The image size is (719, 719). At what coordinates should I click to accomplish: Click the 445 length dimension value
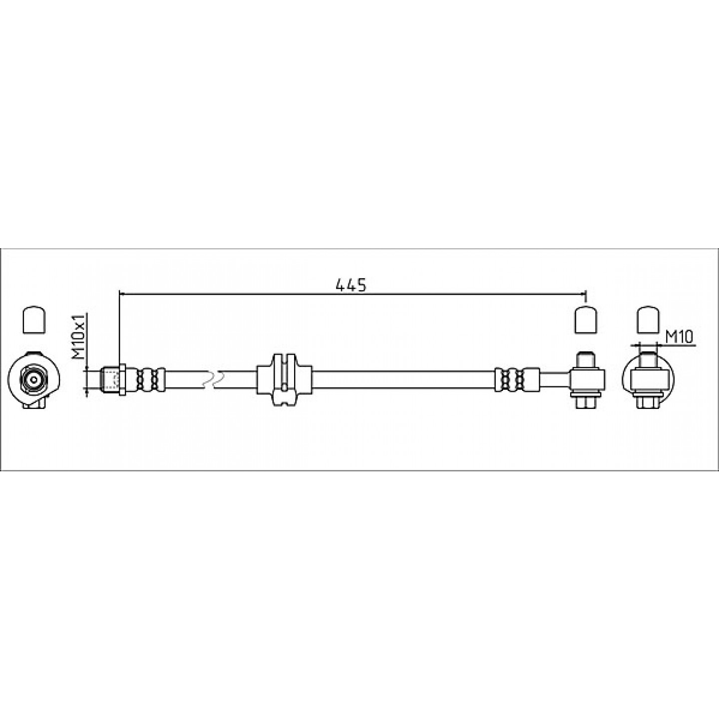[351, 285]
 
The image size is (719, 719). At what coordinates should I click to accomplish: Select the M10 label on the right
[679, 338]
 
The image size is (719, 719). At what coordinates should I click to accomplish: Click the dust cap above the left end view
[34, 320]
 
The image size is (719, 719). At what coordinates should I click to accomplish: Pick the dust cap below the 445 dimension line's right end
[586, 320]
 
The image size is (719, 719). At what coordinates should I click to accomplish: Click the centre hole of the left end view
[34, 380]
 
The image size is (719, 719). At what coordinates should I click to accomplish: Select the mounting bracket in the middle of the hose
[284, 379]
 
